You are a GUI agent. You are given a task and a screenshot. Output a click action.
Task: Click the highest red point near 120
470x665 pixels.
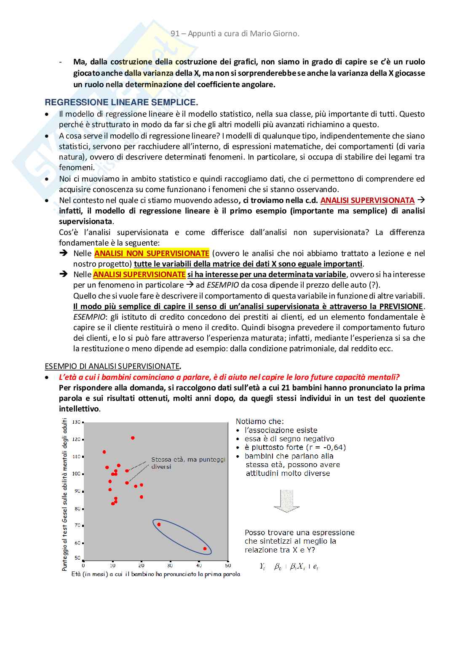pos(133,438)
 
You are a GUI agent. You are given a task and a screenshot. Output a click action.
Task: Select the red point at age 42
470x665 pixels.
pos(205,549)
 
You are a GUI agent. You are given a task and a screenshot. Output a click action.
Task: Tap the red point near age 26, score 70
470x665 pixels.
pos(159,524)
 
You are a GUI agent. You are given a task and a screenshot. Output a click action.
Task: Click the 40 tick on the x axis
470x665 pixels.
pos(199,566)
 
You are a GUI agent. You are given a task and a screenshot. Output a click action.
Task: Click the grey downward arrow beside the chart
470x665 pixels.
pos(287,501)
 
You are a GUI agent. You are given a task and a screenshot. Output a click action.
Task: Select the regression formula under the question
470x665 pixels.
pos(289,567)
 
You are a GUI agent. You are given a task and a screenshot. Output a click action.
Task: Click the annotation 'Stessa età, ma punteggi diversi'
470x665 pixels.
pos(188,463)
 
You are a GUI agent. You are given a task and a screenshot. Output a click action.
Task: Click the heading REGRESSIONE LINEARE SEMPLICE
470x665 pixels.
pos(121,102)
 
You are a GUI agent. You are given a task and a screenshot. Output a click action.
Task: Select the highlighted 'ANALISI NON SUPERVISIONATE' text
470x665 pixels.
pos(152,254)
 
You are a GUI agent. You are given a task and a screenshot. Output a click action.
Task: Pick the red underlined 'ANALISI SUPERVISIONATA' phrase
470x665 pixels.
pos(367,200)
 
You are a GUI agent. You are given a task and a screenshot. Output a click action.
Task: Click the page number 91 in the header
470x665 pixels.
pos(175,34)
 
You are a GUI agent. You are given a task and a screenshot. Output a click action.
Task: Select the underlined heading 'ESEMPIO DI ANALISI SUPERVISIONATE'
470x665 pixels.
pos(112,366)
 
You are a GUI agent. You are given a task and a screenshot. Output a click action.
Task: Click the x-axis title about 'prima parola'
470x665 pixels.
pos(156,574)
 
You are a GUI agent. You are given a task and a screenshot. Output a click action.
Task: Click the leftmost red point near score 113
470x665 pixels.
pos(104,452)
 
